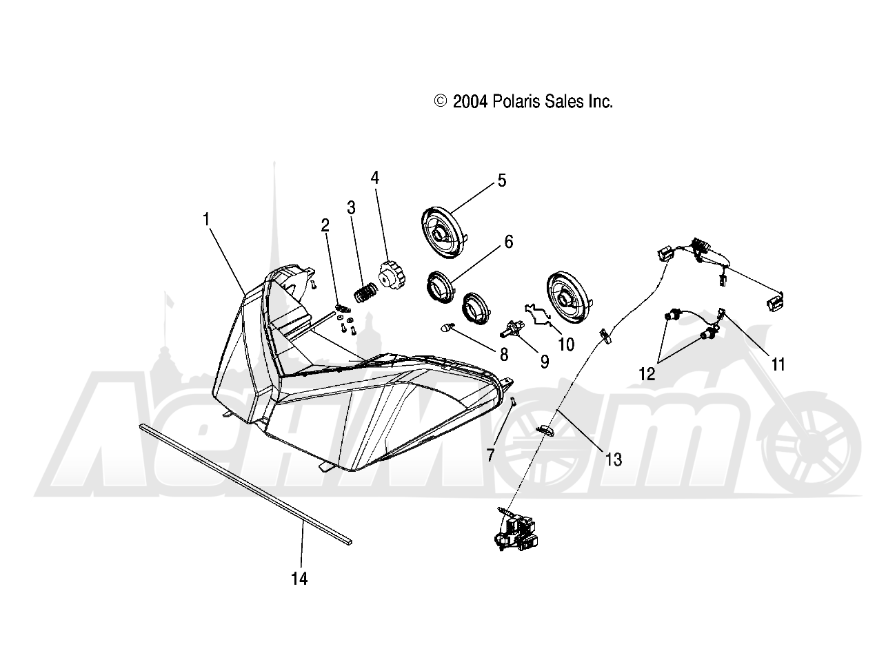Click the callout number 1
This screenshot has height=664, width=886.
206,219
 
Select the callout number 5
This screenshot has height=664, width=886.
501,181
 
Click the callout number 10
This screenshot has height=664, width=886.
565,344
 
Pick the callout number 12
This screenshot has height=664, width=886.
646,374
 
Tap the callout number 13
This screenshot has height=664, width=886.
613,459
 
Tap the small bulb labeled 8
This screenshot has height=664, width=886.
447,328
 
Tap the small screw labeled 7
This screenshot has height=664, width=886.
512,404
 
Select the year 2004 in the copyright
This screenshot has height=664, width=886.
471,102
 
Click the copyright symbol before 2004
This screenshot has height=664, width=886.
441,102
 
